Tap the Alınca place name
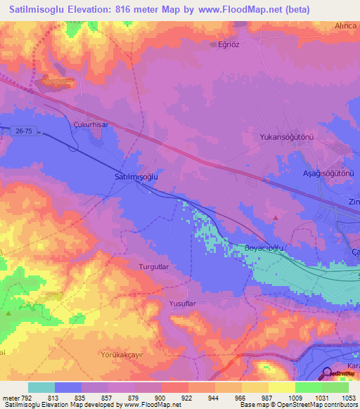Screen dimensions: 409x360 (x=345, y=25)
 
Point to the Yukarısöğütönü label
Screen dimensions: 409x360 (x=285, y=137)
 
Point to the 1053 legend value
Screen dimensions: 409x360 (x=349, y=398)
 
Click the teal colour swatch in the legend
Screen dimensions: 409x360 (x=41, y=387)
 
